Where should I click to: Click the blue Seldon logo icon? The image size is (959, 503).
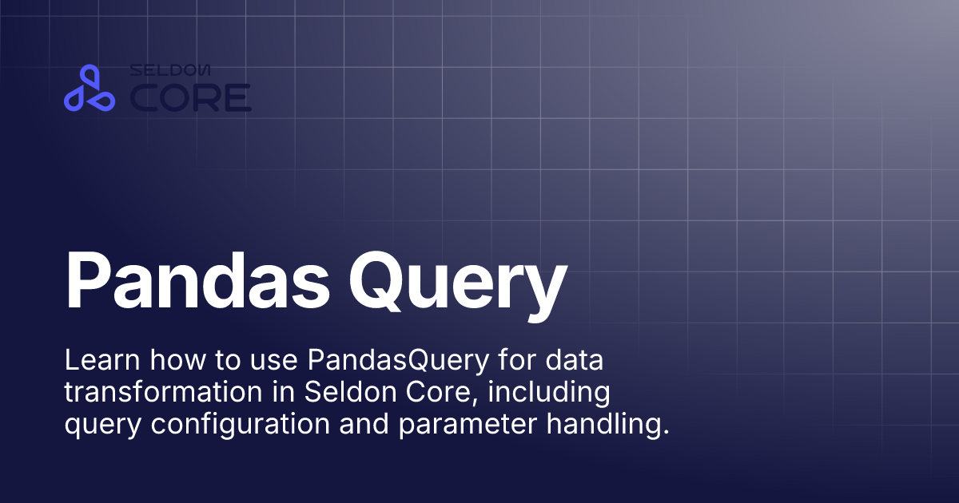pos(90,89)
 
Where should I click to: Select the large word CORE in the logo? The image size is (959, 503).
pos(191,98)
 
